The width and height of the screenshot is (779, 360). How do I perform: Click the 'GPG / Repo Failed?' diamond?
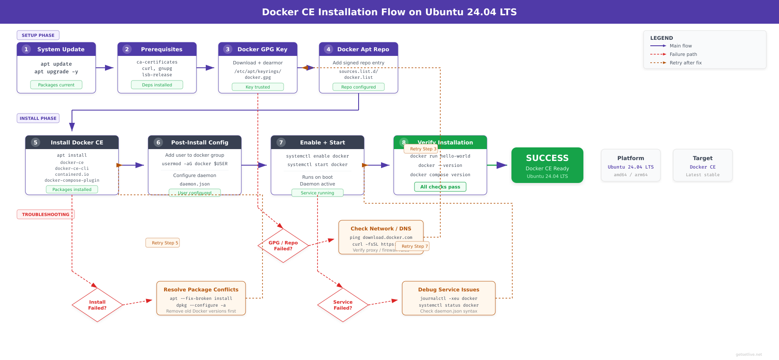(283, 246)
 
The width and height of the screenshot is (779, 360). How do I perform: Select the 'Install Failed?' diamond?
(97, 305)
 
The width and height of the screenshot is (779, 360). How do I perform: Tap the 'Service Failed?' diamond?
(343, 305)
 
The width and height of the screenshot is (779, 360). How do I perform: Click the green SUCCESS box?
(547, 165)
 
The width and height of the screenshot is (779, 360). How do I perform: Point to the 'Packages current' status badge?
(56, 85)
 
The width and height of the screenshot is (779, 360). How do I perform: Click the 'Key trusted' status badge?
(258, 87)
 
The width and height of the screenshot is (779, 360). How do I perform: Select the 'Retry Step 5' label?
(163, 243)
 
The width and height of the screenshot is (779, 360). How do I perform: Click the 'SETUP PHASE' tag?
(38, 35)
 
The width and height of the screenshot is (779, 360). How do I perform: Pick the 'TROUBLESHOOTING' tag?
(45, 214)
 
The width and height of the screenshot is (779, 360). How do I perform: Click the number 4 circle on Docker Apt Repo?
(329, 49)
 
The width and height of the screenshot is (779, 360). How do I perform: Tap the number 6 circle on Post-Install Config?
(158, 142)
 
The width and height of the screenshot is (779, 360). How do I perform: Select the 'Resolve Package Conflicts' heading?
(201, 290)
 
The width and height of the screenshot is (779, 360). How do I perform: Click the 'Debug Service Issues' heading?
(449, 290)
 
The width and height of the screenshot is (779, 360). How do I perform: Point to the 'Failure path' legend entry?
(683, 54)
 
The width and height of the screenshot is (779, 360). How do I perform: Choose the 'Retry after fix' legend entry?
(685, 63)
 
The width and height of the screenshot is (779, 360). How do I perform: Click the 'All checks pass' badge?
(440, 187)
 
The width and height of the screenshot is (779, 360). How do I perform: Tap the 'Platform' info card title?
(630, 158)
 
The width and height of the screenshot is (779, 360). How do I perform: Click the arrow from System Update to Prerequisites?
(105, 68)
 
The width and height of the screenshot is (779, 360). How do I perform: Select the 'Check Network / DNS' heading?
(381, 229)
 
